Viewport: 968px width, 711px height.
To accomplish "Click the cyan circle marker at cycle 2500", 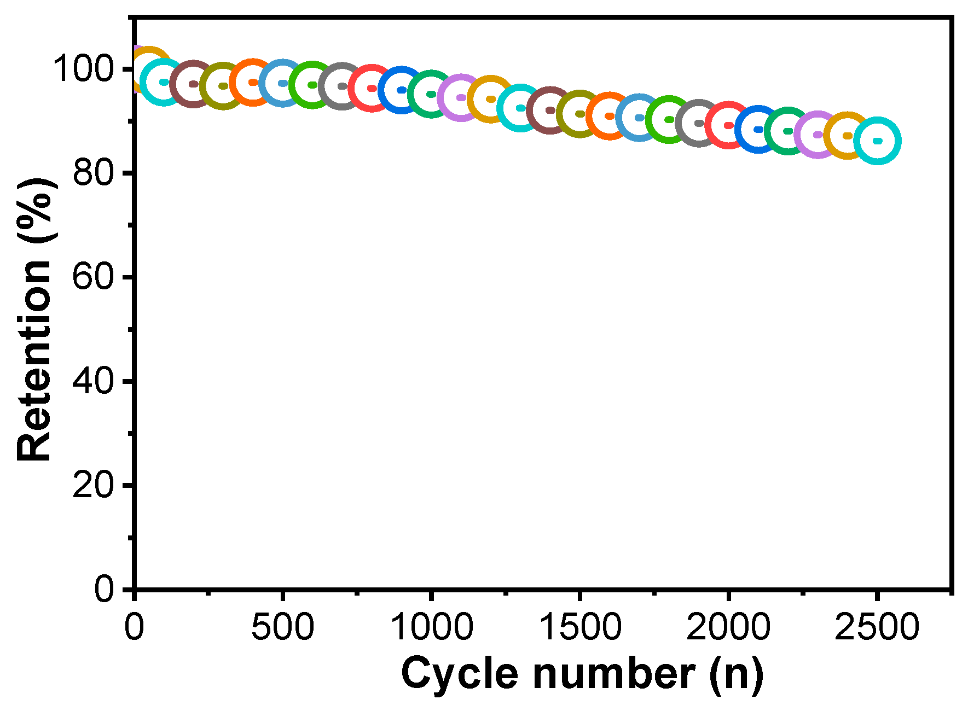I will click(x=877, y=141).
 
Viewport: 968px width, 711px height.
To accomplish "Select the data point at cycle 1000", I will click(x=431, y=94).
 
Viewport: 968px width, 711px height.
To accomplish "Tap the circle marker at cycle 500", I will click(x=282, y=83).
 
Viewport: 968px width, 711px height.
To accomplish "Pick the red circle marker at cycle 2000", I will click(x=728, y=125).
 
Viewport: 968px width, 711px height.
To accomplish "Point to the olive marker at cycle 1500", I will click(x=580, y=114).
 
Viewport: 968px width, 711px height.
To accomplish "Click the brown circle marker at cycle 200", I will click(x=193, y=84).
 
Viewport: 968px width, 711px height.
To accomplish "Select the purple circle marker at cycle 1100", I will click(x=461, y=97).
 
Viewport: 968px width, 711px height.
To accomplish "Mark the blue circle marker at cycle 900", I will click(x=402, y=90).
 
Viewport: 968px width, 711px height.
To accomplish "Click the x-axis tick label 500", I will click(x=282, y=626).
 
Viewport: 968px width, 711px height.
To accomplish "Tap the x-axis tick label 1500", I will click(x=580, y=626).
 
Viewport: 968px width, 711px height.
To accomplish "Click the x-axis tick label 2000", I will click(x=728, y=626).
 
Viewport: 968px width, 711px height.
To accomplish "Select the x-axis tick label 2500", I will click(x=877, y=626).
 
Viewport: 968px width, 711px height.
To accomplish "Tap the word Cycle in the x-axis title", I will click(x=459, y=674).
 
